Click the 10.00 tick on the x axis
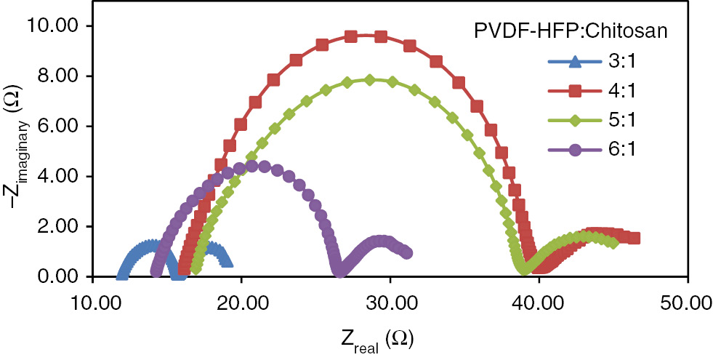click(93, 300)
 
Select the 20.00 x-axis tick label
click(241, 300)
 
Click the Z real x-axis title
click(378, 338)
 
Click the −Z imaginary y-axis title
click(16, 151)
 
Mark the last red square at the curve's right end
click(635, 238)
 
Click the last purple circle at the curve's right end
click(407, 252)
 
